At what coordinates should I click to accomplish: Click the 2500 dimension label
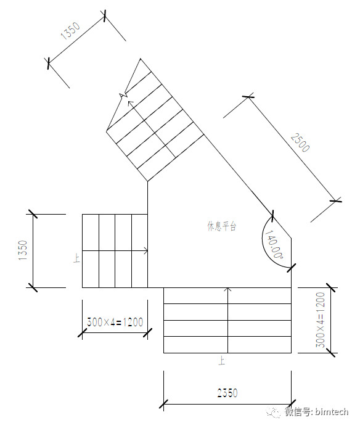[x=300, y=142]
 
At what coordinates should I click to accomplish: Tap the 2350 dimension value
[x=227, y=393]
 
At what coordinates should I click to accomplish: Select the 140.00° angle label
[x=274, y=244]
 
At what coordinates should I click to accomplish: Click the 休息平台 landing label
[x=222, y=226]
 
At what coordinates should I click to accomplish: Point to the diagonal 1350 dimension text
[x=70, y=30]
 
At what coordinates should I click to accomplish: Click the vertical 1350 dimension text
[x=23, y=250]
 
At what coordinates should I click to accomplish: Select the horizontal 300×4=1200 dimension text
[x=115, y=322]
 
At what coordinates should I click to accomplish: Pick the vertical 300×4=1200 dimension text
[x=321, y=319]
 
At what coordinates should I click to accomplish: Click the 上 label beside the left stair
[x=76, y=258]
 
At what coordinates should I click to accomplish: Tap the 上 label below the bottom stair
[x=222, y=361]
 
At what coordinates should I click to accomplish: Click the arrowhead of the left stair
[x=145, y=250]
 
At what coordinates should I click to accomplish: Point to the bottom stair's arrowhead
[x=227, y=289]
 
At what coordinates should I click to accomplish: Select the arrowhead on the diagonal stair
[x=131, y=103]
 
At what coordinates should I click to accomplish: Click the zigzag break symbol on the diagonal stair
[x=123, y=95]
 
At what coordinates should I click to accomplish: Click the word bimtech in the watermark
[x=332, y=412]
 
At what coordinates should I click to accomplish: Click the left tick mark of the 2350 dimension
[x=163, y=404]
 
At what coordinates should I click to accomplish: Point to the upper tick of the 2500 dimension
[x=248, y=96]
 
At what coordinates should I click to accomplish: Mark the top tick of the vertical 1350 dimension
[x=33, y=214]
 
